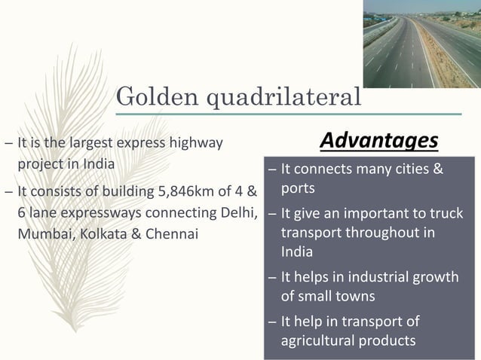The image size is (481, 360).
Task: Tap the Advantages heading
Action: [378, 140]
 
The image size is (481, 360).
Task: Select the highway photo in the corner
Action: [421, 44]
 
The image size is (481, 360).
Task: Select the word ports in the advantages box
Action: [298, 188]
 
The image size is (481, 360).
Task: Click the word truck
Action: [446, 214]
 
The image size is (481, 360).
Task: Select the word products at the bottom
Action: [386, 340]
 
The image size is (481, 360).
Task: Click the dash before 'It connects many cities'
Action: [272, 169]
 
